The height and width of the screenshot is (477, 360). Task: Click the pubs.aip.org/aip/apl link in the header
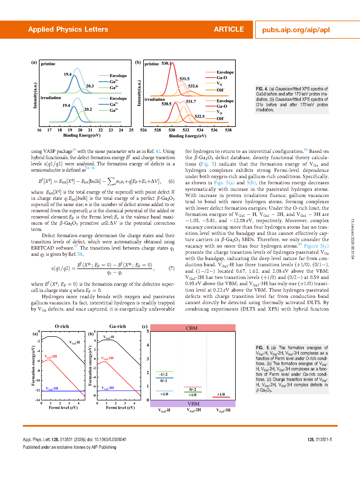click(x=296, y=30)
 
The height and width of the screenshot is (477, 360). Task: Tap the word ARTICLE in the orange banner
click(x=229, y=29)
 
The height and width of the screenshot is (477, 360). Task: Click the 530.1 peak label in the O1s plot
click(x=166, y=64)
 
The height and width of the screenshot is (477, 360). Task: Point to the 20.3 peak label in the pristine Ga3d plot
click(x=90, y=86)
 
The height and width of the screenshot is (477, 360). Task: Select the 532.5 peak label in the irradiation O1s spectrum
click(x=199, y=116)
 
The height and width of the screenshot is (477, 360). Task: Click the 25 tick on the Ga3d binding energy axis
click(x=131, y=130)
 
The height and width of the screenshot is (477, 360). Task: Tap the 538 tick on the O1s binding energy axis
click(x=228, y=130)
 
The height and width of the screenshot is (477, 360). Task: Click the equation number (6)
click(x=171, y=181)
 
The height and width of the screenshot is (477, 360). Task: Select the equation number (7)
click(x=171, y=268)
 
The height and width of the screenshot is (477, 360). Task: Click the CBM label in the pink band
click(x=191, y=328)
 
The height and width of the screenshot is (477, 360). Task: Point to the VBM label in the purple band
click(x=193, y=404)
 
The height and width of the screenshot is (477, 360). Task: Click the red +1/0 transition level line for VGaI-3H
click(x=221, y=397)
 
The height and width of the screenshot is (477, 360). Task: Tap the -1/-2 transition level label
click(x=163, y=374)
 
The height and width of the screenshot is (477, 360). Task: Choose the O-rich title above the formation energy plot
click(x=62, y=326)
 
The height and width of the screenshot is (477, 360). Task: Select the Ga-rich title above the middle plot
click(x=117, y=326)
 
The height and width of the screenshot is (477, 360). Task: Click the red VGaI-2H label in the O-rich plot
click(x=51, y=357)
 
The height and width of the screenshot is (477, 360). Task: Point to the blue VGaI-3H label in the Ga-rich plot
click(x=108, y=388)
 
